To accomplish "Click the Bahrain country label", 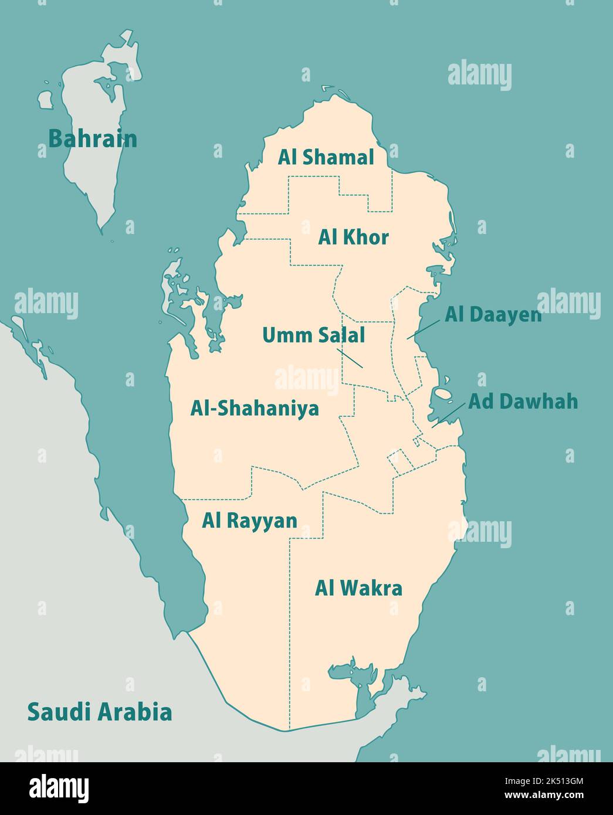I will [92, 139].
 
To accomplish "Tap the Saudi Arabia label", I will [100, 712].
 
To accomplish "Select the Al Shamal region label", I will [326, 157].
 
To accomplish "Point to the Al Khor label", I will [353, 237].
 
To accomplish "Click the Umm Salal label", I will [313, 335].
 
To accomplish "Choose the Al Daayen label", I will [493, 315].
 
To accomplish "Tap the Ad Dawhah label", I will [523, 402].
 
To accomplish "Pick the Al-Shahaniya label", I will [255, 408].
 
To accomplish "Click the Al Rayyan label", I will [249, 521].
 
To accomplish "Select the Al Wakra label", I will [358, 588].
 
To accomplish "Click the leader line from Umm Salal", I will [350, 358].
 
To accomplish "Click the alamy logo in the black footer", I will [59, 787].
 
